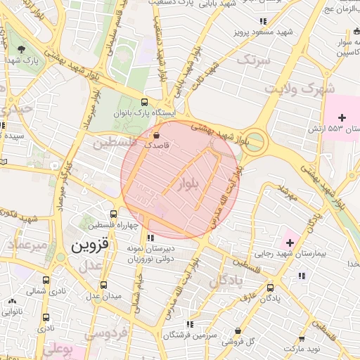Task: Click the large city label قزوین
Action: click(x=91, y=246)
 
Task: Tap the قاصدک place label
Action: click(x=158, y=143)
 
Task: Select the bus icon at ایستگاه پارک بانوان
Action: click(x=145, y=101)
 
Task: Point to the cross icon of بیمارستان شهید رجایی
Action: click(x=289, y=243)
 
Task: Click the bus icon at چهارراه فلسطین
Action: click(x=114, y=214)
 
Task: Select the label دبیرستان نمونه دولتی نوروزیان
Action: click(x=160, y=254)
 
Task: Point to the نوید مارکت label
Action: click(x=304, y=349)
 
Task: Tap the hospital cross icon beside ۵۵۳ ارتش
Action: click(x=342, y=117)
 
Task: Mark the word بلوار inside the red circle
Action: click(x=190, y=185)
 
